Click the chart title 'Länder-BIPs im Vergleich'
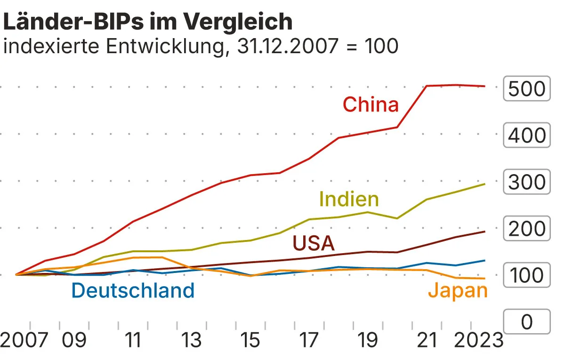[148, 21]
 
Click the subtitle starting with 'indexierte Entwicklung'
[201, 46]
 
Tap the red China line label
[371, 104]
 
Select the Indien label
[349, 199]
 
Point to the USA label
[314, 243]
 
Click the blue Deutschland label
[133, 290]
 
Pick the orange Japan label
[458, 290]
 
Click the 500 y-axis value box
[527, 88]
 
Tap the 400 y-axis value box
[527, 136]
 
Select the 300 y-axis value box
[527, 182]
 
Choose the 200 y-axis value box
[527, 229]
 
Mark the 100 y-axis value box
[527, 275]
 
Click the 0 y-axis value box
[527, 322]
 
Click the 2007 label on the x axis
[24, 340]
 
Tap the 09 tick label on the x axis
[74, 340]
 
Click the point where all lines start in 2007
[16, 274]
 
